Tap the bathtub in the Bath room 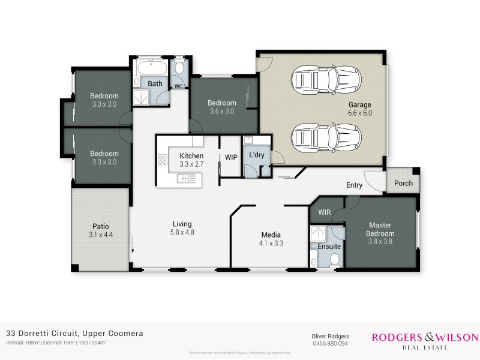coord(152,67)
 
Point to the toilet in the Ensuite coord(335,259)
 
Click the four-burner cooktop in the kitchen coord(162,160)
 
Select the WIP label coord(231,157)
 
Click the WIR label coord(325,212)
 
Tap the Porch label coord(403,183)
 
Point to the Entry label coord(354,185)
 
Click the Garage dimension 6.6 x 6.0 coord(361,113)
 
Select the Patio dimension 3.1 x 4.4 coord(101,235)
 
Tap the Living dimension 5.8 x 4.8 coord(182,232)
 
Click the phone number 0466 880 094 coord(329,344)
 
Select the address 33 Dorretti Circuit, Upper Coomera coord(74,333)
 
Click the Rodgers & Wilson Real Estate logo coord(425,340)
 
